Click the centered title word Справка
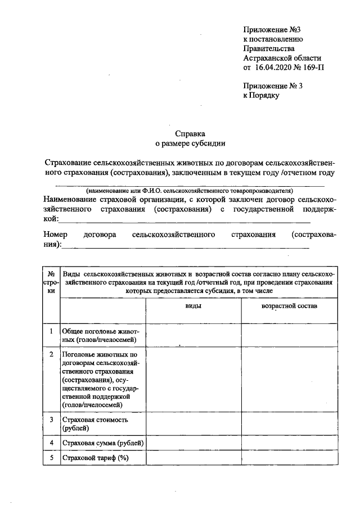[190, 134]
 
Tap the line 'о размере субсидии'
[190, 144]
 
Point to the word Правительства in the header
[266, 48]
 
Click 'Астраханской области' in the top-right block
[282, 58]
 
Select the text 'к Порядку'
[261, 96]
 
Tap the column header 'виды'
[194, 306]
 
